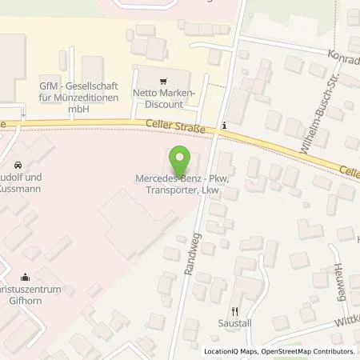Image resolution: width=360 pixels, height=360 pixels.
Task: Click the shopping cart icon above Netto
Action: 164,81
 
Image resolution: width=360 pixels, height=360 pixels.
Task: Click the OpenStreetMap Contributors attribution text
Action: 309,352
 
